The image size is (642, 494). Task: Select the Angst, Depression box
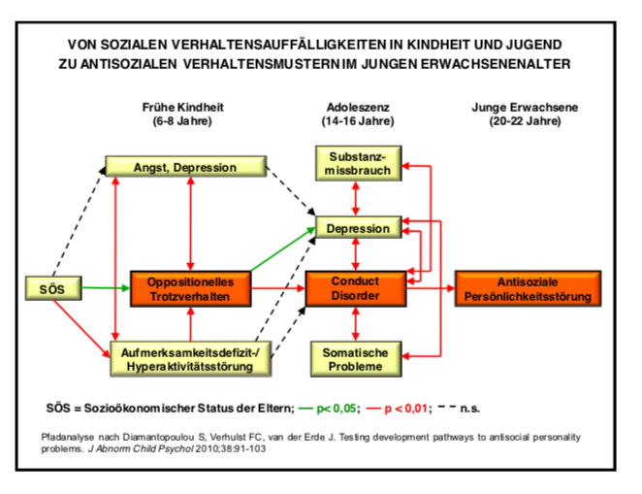pyautogui.click(x=185, y=167)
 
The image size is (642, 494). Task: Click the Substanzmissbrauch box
pyautogui.click(x=357, y=162)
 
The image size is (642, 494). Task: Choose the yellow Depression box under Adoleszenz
pyautogui.click(x=357, y=229)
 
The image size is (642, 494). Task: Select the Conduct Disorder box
pyautogui.click(x=356, y=288)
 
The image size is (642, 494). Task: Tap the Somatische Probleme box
pyautogui.click(x=356, y=360)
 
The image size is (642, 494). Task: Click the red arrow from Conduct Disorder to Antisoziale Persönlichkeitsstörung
pyautogui.click(x=431, y=288)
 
